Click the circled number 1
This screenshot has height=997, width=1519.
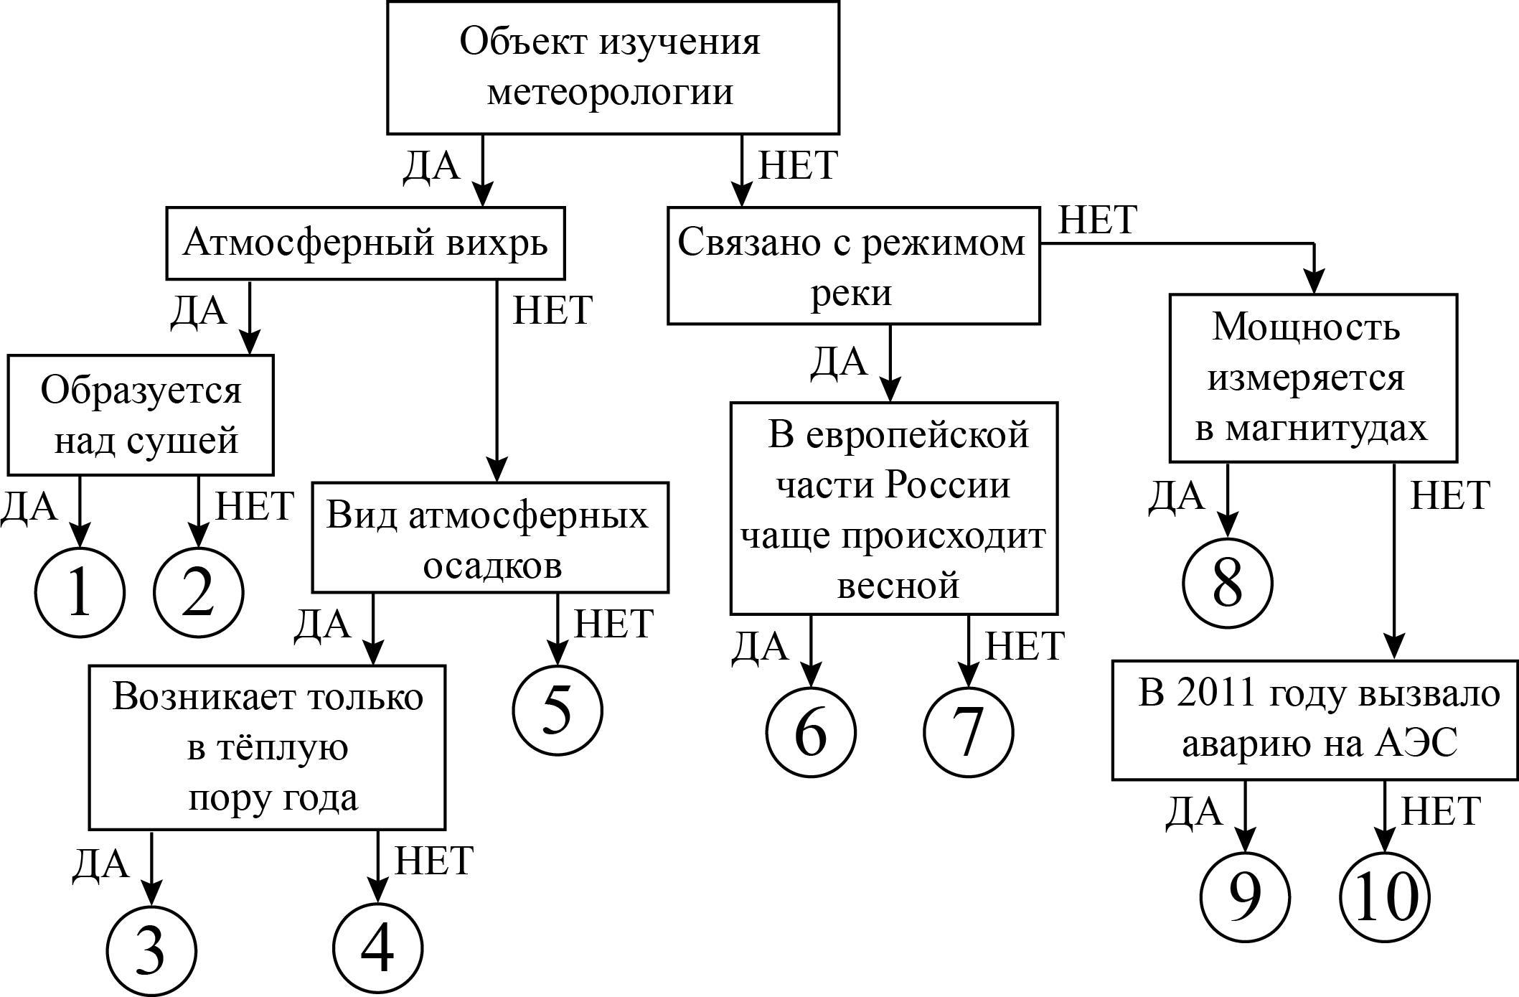(80, 593)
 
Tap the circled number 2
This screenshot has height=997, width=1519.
(199, 593)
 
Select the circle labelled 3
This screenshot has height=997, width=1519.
(151, 950)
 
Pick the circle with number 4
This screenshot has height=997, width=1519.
(378, 947)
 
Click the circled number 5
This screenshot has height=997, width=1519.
(558, 710)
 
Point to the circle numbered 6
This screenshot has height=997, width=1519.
(811, 732)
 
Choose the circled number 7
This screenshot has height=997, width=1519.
(968, 732)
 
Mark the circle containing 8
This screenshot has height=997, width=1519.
(1227, 583)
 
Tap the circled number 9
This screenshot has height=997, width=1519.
(1245, 897)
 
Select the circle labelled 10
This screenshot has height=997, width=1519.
(1385, 897)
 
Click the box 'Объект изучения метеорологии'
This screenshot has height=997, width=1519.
(613, 67)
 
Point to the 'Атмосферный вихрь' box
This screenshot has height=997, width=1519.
(365, 243)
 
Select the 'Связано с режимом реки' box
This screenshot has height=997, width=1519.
(853, 266)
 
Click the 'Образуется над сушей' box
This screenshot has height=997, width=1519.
(141, 415)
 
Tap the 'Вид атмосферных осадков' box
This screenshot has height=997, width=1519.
(490, 538)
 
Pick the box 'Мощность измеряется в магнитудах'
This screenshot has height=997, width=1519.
(1313, 378)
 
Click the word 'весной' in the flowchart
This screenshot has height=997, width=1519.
(898, 585)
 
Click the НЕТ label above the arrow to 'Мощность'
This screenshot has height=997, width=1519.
(1098, 220)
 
